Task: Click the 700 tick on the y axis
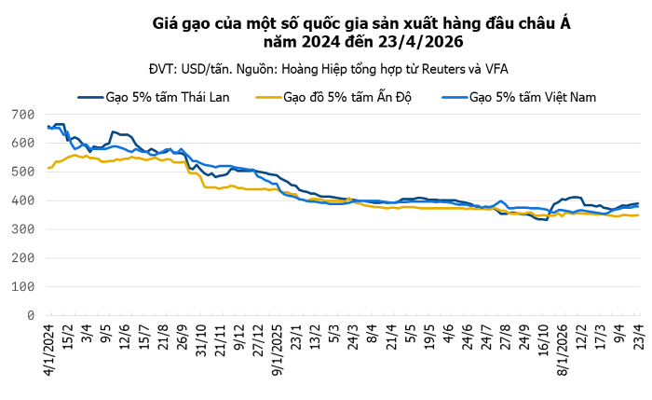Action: coord(23,115)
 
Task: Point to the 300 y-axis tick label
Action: coord(23,229)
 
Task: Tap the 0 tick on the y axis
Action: coord(30,316)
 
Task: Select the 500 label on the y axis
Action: coord(23,172)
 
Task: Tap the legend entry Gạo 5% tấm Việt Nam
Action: coord(533,96)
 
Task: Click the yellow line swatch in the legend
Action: coord(266,96)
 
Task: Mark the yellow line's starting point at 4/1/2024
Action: coord(48,168)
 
